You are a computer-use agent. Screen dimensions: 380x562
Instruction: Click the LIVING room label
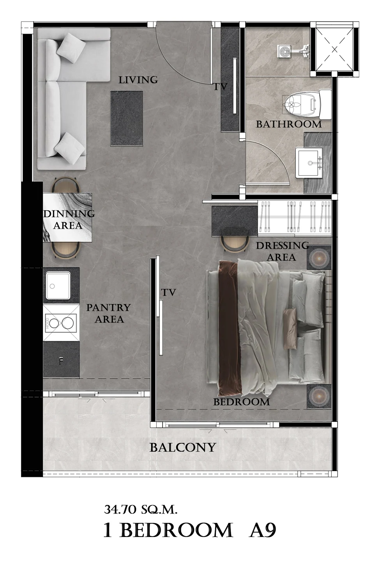pos(138,80)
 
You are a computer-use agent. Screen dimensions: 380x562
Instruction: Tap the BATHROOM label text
pos(289,124)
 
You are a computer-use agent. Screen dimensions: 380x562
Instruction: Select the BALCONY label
pos(183,447)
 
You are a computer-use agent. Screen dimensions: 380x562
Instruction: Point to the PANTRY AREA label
pos(109,313)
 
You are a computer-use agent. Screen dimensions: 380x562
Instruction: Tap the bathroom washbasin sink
pos(309,163)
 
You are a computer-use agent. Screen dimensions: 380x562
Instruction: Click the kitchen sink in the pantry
pos(58,286)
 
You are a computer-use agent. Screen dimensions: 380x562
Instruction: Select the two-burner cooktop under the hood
pos(61,323)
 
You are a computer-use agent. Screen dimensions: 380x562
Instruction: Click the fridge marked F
pos(61,359)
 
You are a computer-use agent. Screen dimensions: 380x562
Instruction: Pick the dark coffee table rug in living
pos(127,118)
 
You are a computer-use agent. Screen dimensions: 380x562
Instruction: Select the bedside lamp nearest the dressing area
pos(319,258)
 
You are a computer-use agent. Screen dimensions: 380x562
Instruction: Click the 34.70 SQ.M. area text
pos(141,510)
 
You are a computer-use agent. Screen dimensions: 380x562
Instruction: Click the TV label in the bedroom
pos(169,292)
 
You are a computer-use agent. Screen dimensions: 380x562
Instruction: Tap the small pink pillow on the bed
pos(290,328)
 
